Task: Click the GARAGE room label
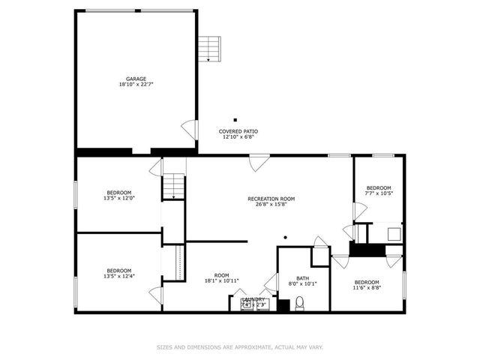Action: pyautogui.click(x=136, y=79)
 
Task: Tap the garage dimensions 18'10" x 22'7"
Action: pyautogui.click(x=136, y=85)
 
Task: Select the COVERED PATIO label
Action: pyautogui.click(x=238, y=131)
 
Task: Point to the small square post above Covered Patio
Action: pyautogui.click(x=235, y=120)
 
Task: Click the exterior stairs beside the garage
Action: pyautogui.click(x=209, y=49)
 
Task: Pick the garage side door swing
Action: pyautogui.click(x=190, y=130)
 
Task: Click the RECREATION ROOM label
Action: pyautogui.click(x=271, y=199)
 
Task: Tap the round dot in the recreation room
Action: pyautogui.click(x=285, y=237)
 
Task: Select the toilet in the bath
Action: pyautogui.click(x=299, y=303)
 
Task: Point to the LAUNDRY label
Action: pyautogui.click(x=253, y=299)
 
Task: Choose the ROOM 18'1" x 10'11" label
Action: pyautogui.click(x=221, y=278)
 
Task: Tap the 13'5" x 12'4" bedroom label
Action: pyautogui.click(x=118, y=274)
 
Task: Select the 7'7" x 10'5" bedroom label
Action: pyautogui.click(x=378, y=190)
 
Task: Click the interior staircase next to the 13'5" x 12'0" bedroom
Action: pyautogui.click(x=174, y=185)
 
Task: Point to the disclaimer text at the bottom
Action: pyautogui.click(x=239, y=347)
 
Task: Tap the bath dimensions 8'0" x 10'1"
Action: pyautogui.click(x=302, y=283)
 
